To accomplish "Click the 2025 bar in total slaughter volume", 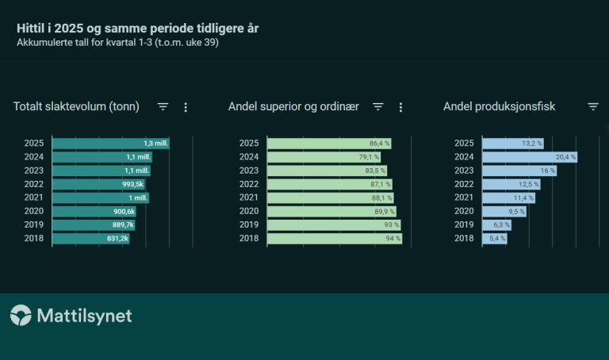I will click(x=110, y=144).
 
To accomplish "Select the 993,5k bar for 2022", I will click(x=92, y=184).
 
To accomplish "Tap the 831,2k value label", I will click(x=117, y=238).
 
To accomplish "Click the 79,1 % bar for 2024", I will click(x=324, y=157).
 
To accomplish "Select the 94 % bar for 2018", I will click(x=334, y=238).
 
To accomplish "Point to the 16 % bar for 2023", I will click(x=519, y=170).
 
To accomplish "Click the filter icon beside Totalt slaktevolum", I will click(x=163, y=107).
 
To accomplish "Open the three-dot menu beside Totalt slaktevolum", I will click(x=186, y=107).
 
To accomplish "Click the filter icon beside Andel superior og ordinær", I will click(x=378, y=107).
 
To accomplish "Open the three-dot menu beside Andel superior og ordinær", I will click(x=400, y=107).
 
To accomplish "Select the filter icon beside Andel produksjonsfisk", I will click(x=593, y=107).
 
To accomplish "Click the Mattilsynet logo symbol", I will click(x=21, y=316).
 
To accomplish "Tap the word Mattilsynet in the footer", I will click(x=84, y=316).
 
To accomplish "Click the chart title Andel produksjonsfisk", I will click(x=499, y=106).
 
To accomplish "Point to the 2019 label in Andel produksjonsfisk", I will click(x=464, y=224).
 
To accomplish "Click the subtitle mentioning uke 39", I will click(x=117, y=43).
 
